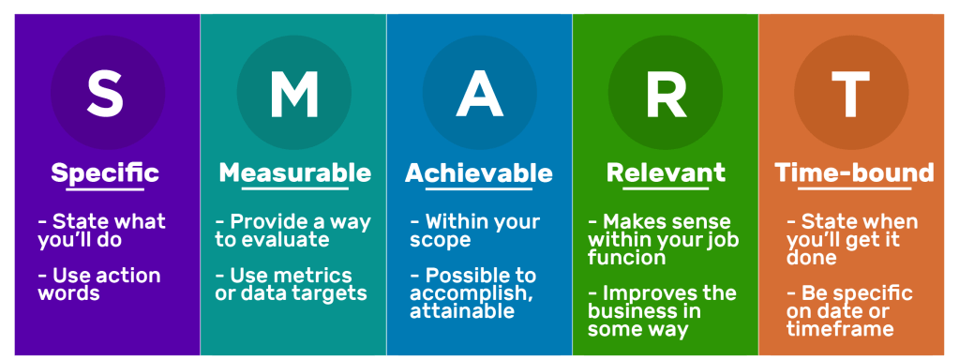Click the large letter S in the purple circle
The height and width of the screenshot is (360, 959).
(107, 94)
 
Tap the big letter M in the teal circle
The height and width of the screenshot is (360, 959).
(294, 94)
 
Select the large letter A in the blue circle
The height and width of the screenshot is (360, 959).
(480, 94)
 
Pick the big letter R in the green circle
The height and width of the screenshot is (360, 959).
(666, 94)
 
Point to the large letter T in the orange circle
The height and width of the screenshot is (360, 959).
(851, 94)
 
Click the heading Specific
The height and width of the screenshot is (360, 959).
(105, 173)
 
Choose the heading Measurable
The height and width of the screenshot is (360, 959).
(294, 173)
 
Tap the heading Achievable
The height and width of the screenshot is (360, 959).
(479, 173)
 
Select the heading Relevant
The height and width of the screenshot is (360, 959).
(666, 173)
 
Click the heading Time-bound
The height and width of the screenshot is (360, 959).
(854, 173)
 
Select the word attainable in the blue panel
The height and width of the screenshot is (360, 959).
(462, 310)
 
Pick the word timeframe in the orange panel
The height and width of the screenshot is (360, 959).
(840, 329)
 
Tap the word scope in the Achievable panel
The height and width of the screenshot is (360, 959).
(441, 240)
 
